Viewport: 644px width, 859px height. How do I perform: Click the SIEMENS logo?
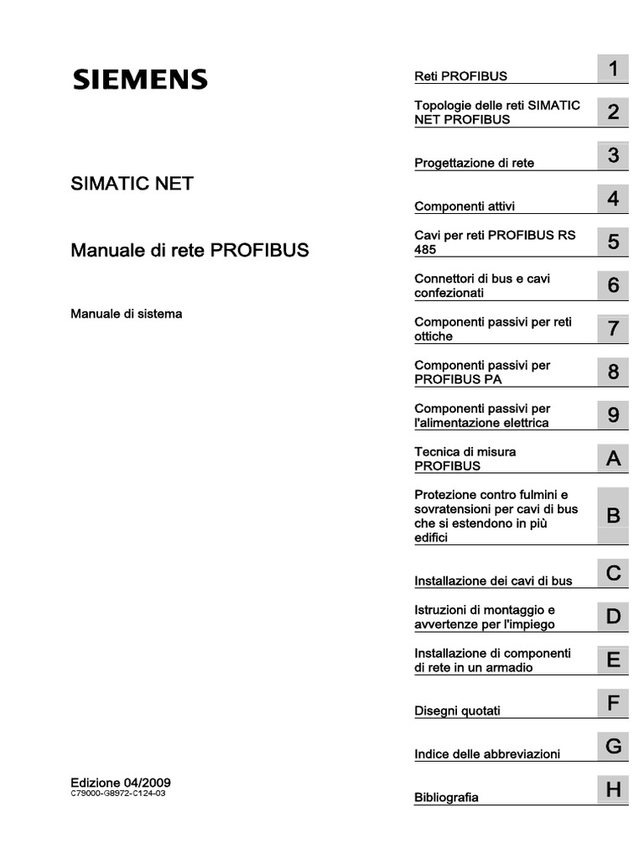point(139,80)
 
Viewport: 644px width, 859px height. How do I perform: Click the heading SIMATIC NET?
point(132,183)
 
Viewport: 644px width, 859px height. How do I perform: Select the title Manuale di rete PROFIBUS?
point(190,250)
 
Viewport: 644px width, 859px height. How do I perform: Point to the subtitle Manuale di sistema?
point(126,314)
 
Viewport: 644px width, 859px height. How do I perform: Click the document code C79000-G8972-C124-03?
point(118,793)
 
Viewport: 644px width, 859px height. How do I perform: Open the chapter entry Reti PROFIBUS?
point(460,76)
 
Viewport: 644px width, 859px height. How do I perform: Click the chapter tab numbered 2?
point(613,112)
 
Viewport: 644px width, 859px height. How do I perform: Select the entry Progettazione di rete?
point(474,163)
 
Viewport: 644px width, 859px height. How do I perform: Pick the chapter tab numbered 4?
point(613,199)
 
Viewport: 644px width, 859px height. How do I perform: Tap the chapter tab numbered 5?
point(613,242)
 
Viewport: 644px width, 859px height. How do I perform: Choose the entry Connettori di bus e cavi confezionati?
point(482,285)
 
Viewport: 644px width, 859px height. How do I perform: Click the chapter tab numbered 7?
point(613,329)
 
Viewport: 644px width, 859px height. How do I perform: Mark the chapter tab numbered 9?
point(613,415)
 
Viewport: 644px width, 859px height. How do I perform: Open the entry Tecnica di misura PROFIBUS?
point(465,458)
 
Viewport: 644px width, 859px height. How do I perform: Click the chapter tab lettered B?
point(613,516)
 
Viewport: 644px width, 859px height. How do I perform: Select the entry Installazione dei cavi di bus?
point(493,580)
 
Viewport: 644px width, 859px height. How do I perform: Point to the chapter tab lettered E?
point(613,660)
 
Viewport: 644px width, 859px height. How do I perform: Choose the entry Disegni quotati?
point(457,711)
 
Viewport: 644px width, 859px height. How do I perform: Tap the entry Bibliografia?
point(446,797)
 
